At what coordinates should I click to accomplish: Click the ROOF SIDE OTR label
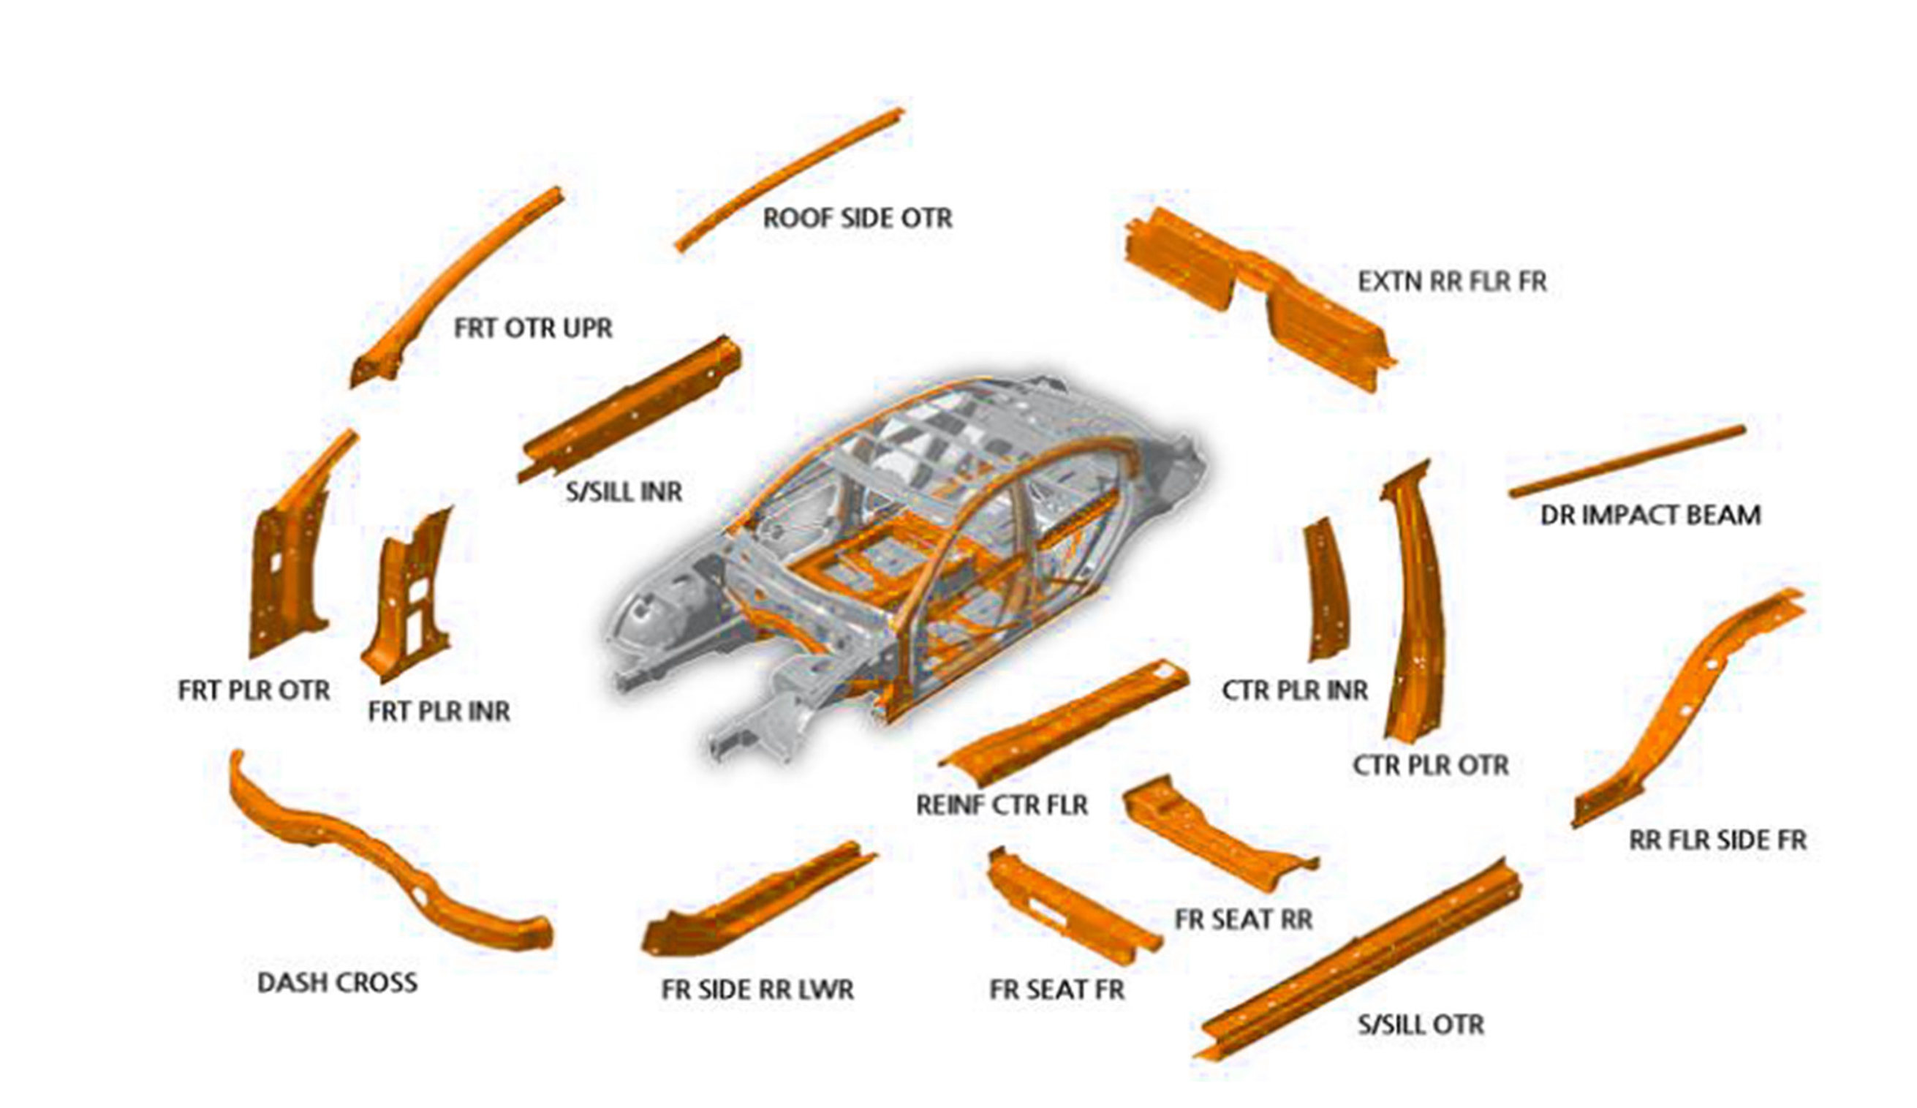[x=858, y=219]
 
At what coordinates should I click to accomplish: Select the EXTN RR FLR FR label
[x=1452, y=282]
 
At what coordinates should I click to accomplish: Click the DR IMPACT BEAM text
[x=1650, y=515]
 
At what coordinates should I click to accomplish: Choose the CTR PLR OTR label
[x=1430, y=765]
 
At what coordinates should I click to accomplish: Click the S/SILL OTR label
[x=1421, y=1025]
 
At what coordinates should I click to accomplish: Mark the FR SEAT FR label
[x=1056, y=990]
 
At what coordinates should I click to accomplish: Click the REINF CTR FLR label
[x=1002, y=804]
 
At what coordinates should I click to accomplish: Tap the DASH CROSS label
[x=337, y=982]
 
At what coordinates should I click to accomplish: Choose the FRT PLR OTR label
[x=253, y=690]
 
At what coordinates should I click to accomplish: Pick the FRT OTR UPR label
[x=532, y=328]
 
